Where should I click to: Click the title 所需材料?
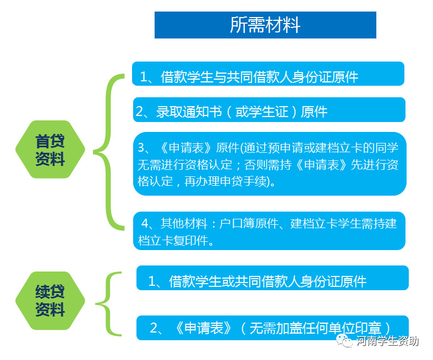pos(265,25)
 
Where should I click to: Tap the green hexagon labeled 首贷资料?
pos(50,149)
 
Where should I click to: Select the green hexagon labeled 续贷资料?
pos(50,301)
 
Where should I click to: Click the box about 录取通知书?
pos(269,109)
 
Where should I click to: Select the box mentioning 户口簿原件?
pos(269,231)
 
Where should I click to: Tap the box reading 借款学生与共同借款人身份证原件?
pos(268,74)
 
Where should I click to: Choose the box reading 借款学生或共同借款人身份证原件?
pos(272,278)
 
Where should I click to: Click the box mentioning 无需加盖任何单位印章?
pos(272,328)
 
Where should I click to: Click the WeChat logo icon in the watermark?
pos(344,341)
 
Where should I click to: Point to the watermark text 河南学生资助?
pos(387,341)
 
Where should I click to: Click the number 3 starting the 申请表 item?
pos(141,148)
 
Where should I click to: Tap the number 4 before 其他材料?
pos(145,224)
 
